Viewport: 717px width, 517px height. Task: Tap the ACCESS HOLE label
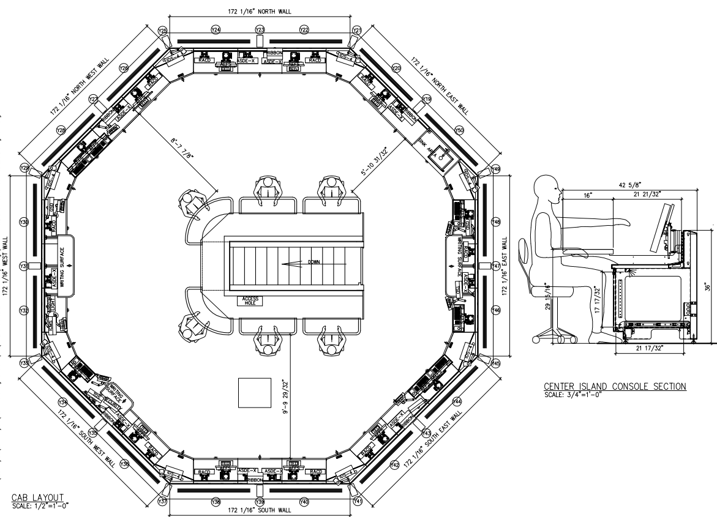coord(251,300)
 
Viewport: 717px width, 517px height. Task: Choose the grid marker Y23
coord(260,29)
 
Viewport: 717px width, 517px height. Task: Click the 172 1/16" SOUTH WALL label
coord(260,510)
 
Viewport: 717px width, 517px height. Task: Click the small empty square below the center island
coord(254,392)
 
